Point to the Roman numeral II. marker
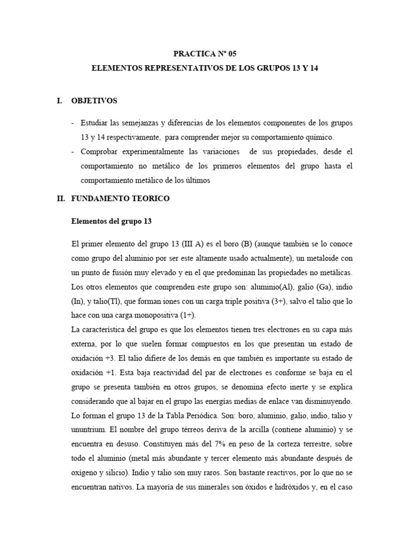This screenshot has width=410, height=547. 60,198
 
